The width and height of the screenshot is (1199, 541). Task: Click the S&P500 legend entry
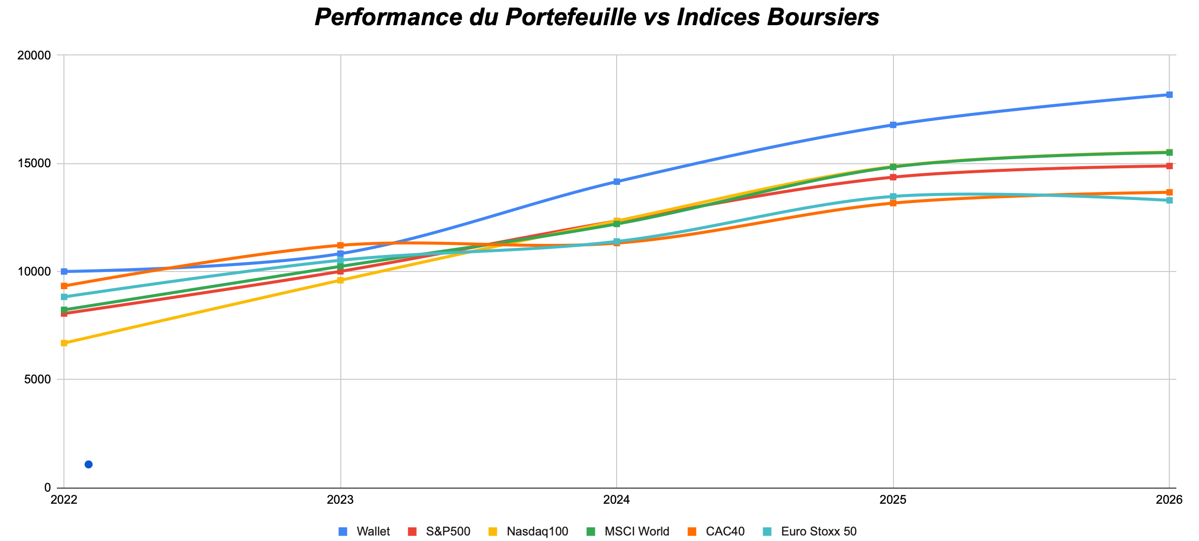[x=447, y=531]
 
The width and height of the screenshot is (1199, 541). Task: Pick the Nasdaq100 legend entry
[x=537, y=531]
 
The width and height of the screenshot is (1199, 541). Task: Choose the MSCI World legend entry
[x=636, y=531]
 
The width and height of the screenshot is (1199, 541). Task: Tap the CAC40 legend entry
[x=725, y=531]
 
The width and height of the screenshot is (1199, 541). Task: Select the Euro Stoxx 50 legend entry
[x=818, y=531]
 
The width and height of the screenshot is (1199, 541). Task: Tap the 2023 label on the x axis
[x=340, y=500]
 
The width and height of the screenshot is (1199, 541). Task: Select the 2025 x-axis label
[x=893, y=500]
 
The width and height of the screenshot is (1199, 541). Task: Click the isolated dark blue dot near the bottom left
[x=89, y=464]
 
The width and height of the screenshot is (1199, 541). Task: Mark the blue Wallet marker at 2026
[x=1169, y=95]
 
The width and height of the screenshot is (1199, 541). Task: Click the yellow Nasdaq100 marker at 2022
[x=64, y=343]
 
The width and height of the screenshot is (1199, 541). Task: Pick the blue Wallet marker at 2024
[x=617, y=181]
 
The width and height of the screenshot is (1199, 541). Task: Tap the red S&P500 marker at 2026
[x=1169, y=166]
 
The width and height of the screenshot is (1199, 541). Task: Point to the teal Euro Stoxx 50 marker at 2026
[x=1169, y=200]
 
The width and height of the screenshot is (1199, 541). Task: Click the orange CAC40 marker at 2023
[x=340, y=245]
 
